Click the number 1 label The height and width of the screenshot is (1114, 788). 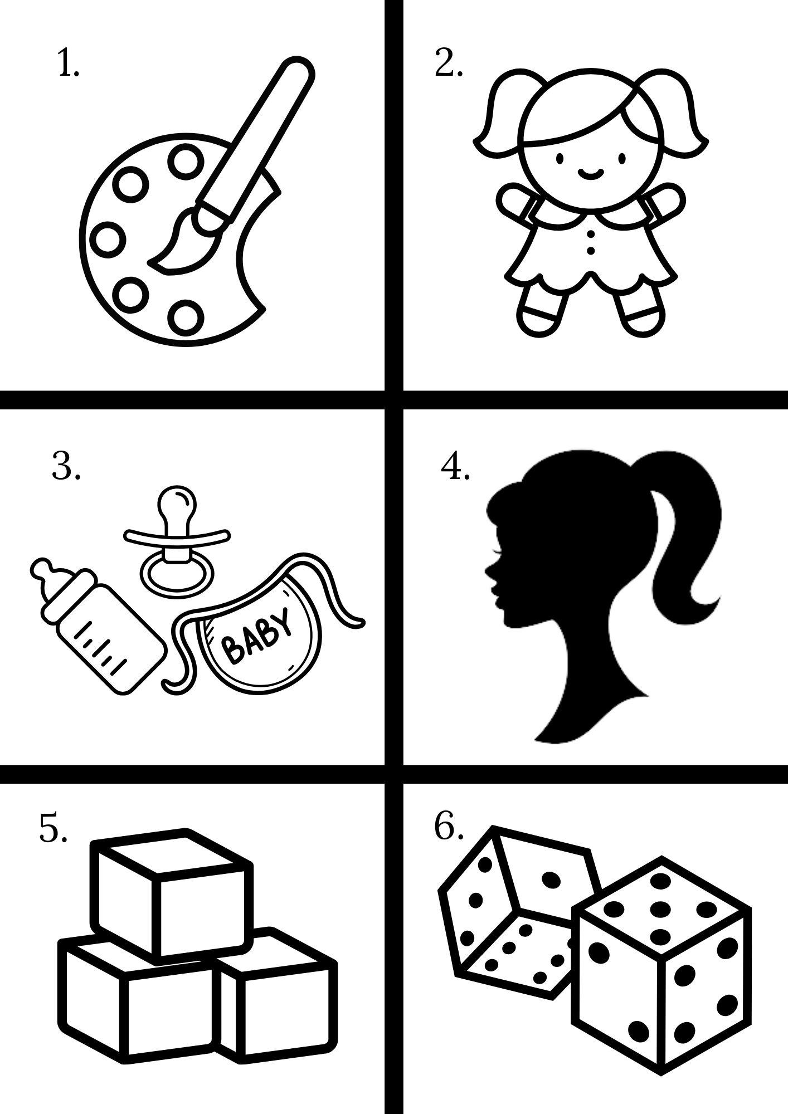(68, 65)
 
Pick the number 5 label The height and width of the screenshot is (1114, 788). (53, 828)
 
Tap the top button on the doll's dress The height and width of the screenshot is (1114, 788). (591, 230)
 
